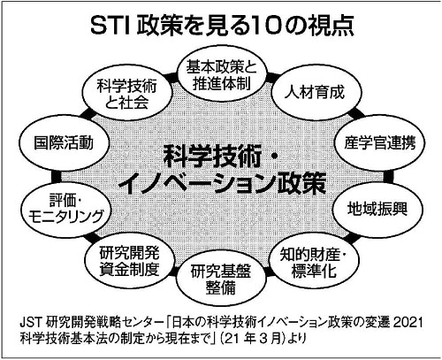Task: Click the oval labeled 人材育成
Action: (x=316, y=92)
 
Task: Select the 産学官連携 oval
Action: (x=379, y=143)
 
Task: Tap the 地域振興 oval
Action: (x=377, y=210)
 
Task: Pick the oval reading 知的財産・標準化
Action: (x=314, y=262)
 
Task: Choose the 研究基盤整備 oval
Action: (x=221, y=280)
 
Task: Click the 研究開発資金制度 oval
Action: (x=129, y=261)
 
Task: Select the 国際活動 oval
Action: (x=64, y=143)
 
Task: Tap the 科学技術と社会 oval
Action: (x=126, y=95)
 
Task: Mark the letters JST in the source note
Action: (x=32, y=323)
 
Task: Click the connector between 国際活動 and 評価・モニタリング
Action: (x=56, y=176)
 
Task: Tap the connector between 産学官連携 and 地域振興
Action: (x=388, y=176)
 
